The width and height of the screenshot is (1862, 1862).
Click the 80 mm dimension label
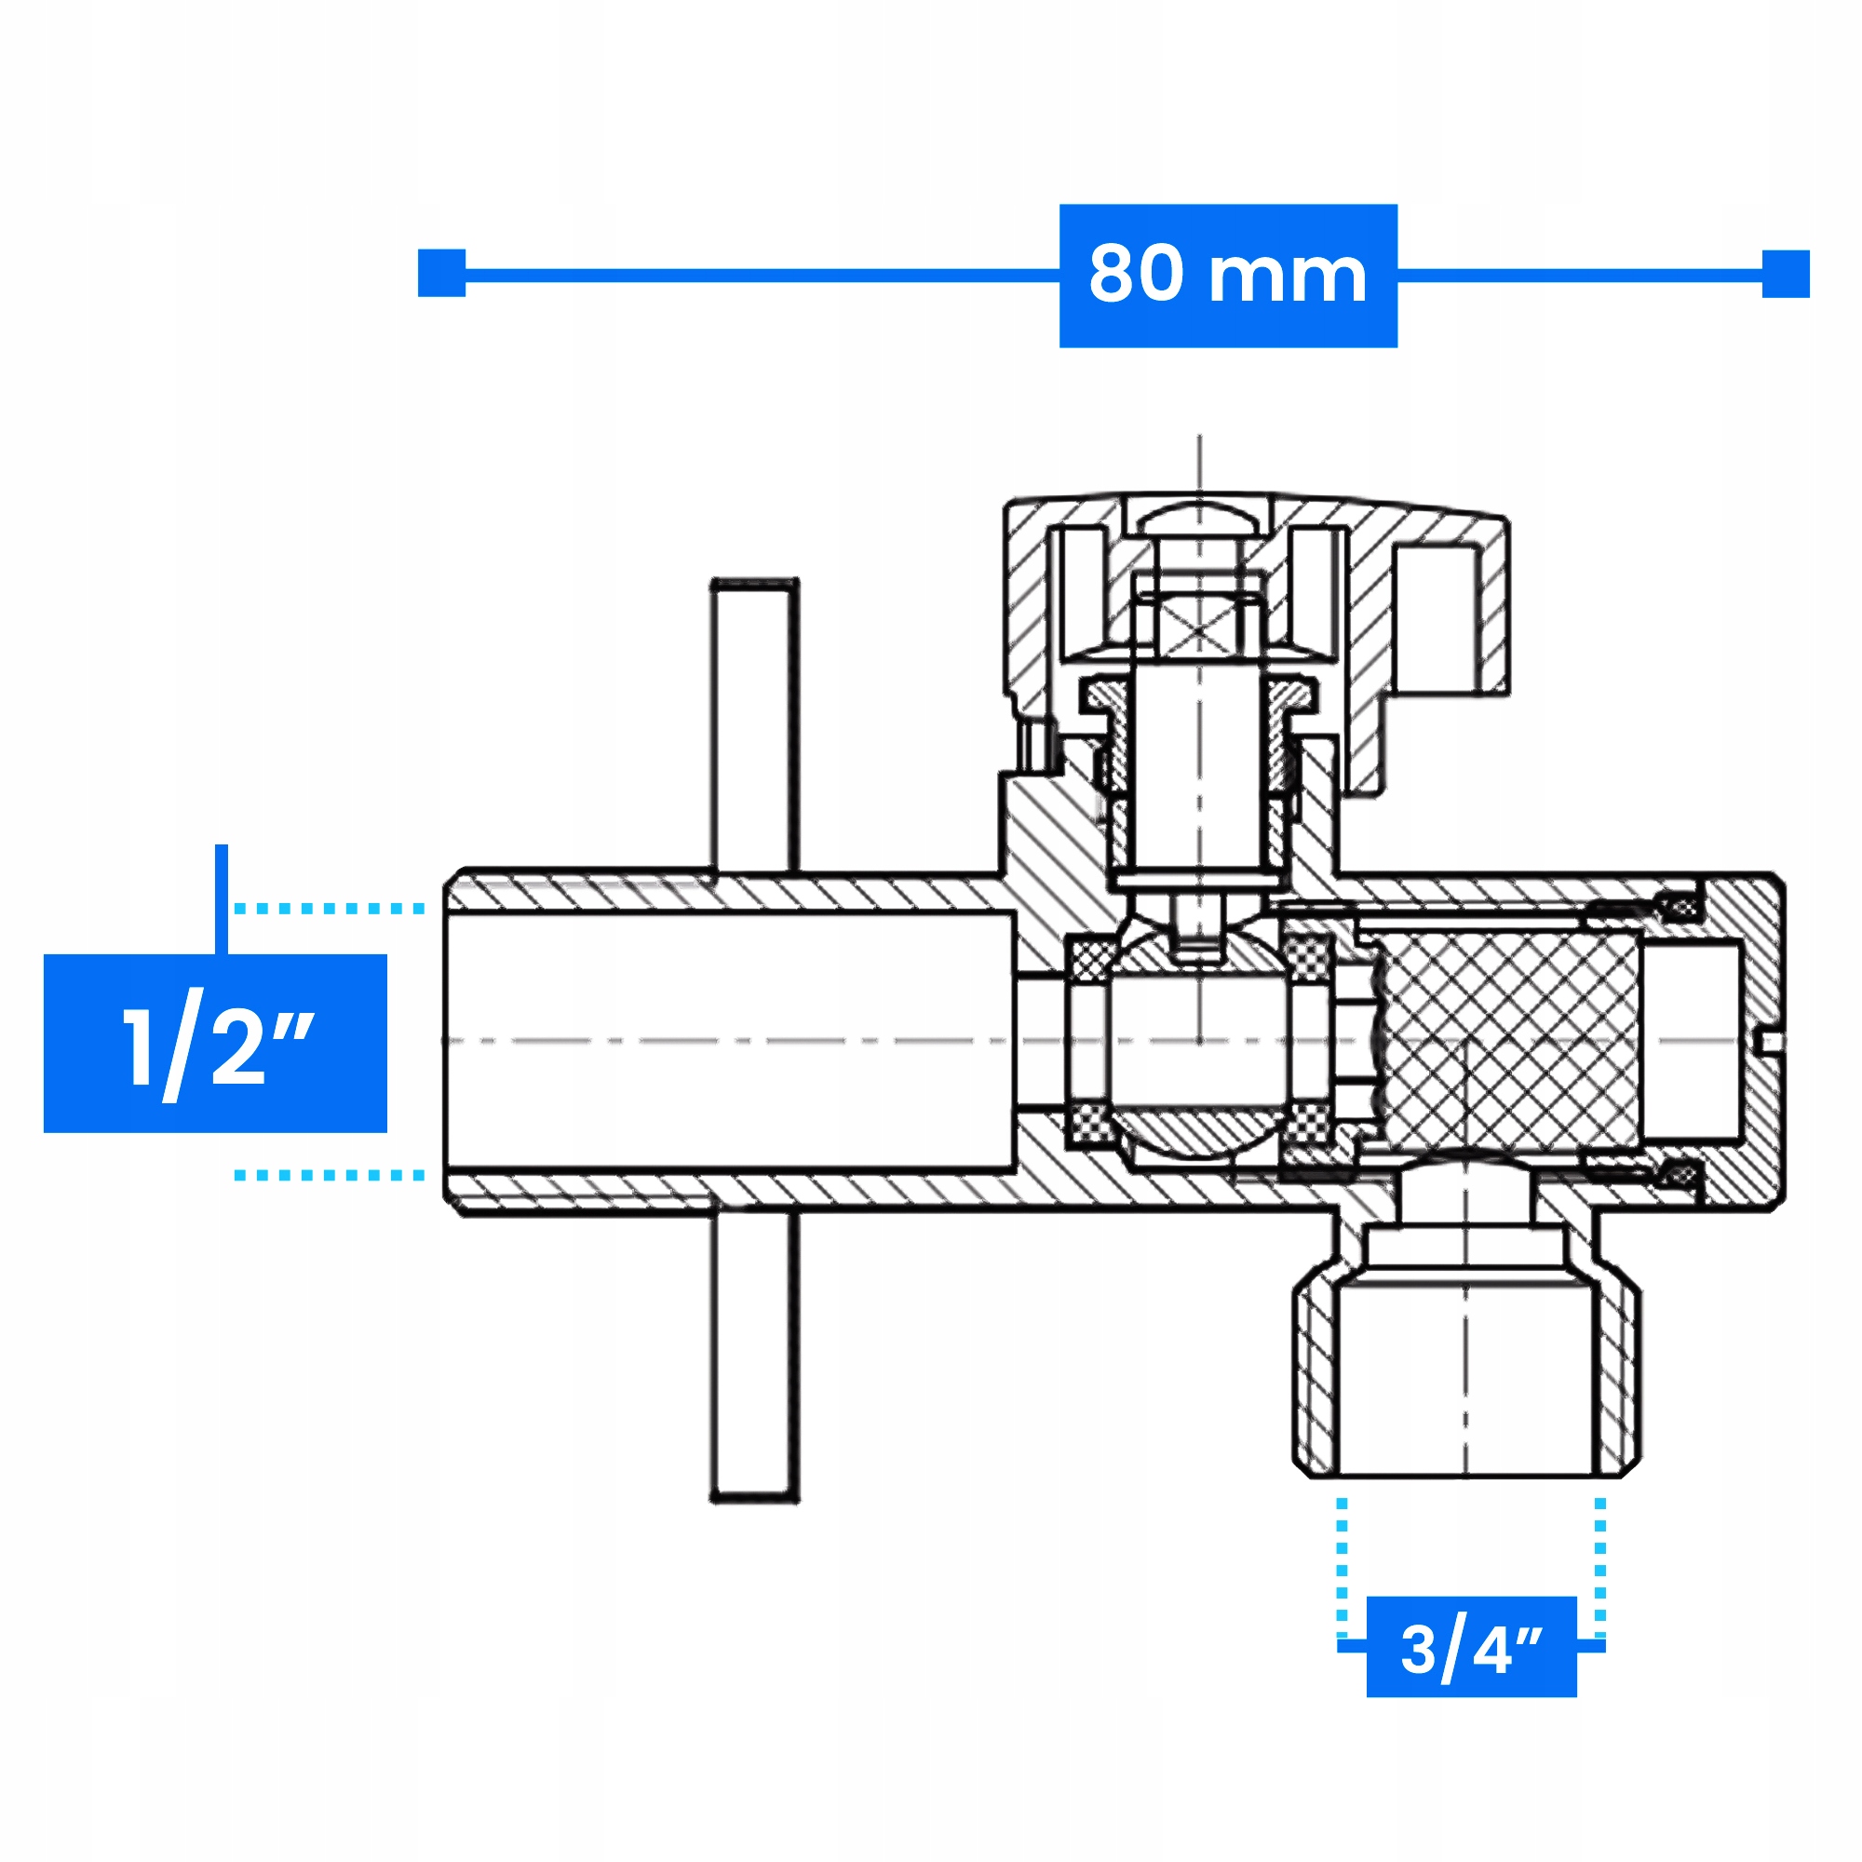pos(1228,275)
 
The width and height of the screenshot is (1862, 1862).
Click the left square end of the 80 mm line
pos(441,274)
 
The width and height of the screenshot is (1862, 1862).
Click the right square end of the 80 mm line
pos(1786,274)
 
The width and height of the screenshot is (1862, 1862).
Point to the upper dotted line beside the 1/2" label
pos(330,909)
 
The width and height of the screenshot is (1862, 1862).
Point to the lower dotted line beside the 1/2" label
pos(330,1175)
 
